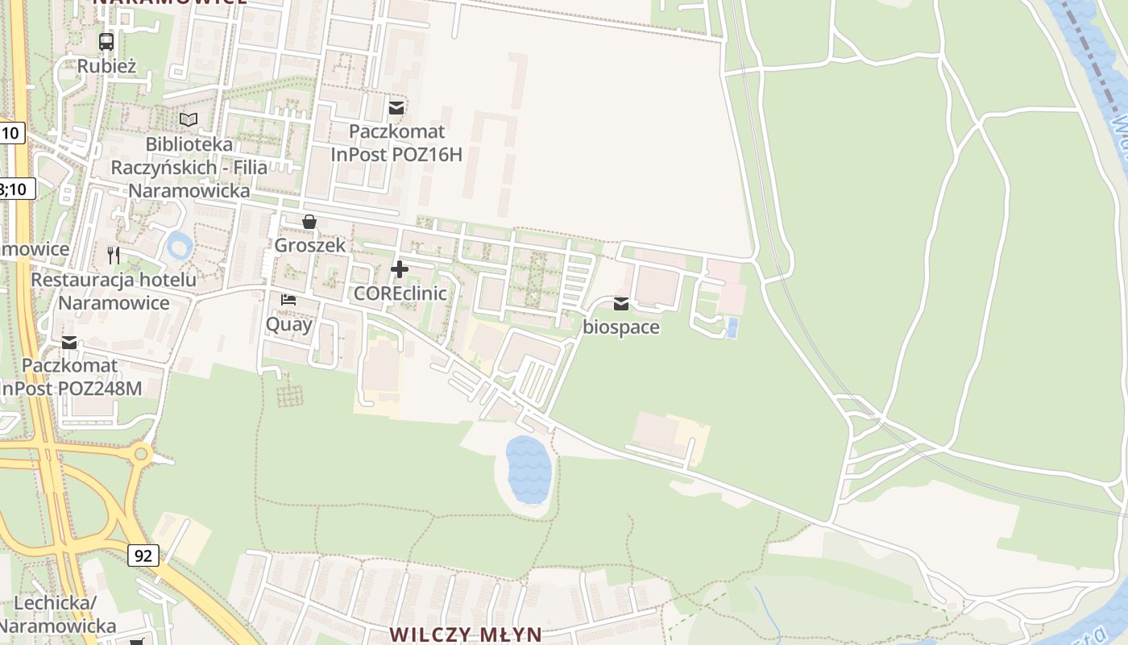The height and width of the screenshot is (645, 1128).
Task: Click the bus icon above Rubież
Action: coord(106,41)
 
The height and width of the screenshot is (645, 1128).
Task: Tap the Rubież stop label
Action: coord(106,66)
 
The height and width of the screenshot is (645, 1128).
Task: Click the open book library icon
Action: coord(189,119)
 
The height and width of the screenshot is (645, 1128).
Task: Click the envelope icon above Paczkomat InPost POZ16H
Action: coord(396,106)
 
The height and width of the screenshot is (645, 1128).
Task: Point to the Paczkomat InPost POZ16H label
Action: coord(396,143)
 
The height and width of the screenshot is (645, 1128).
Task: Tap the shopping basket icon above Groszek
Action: coord(309,221)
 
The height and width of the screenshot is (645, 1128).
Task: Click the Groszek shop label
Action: coord(309,245)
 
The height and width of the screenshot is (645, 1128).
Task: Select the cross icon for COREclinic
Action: coord(399,269)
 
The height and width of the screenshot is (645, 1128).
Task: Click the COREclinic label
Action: coord(400,293)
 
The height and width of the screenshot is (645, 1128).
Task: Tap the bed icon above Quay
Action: coord(288,300)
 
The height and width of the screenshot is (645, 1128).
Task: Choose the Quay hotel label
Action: coord(288,324)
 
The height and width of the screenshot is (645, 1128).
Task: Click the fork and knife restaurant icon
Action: coord(114,256)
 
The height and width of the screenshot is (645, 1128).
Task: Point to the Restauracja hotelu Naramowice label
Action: coord(114,291)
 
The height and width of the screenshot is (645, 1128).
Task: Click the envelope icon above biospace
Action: coord(621,304)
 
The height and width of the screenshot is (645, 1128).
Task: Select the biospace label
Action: coord(621,327)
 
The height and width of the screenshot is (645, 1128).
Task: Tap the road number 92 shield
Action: coord(143,556)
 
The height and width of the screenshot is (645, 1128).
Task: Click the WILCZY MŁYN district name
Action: coord(466,635)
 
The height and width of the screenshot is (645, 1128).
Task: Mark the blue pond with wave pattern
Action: coord(529,468)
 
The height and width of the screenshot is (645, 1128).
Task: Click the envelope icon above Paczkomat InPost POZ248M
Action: coord(69,343)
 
